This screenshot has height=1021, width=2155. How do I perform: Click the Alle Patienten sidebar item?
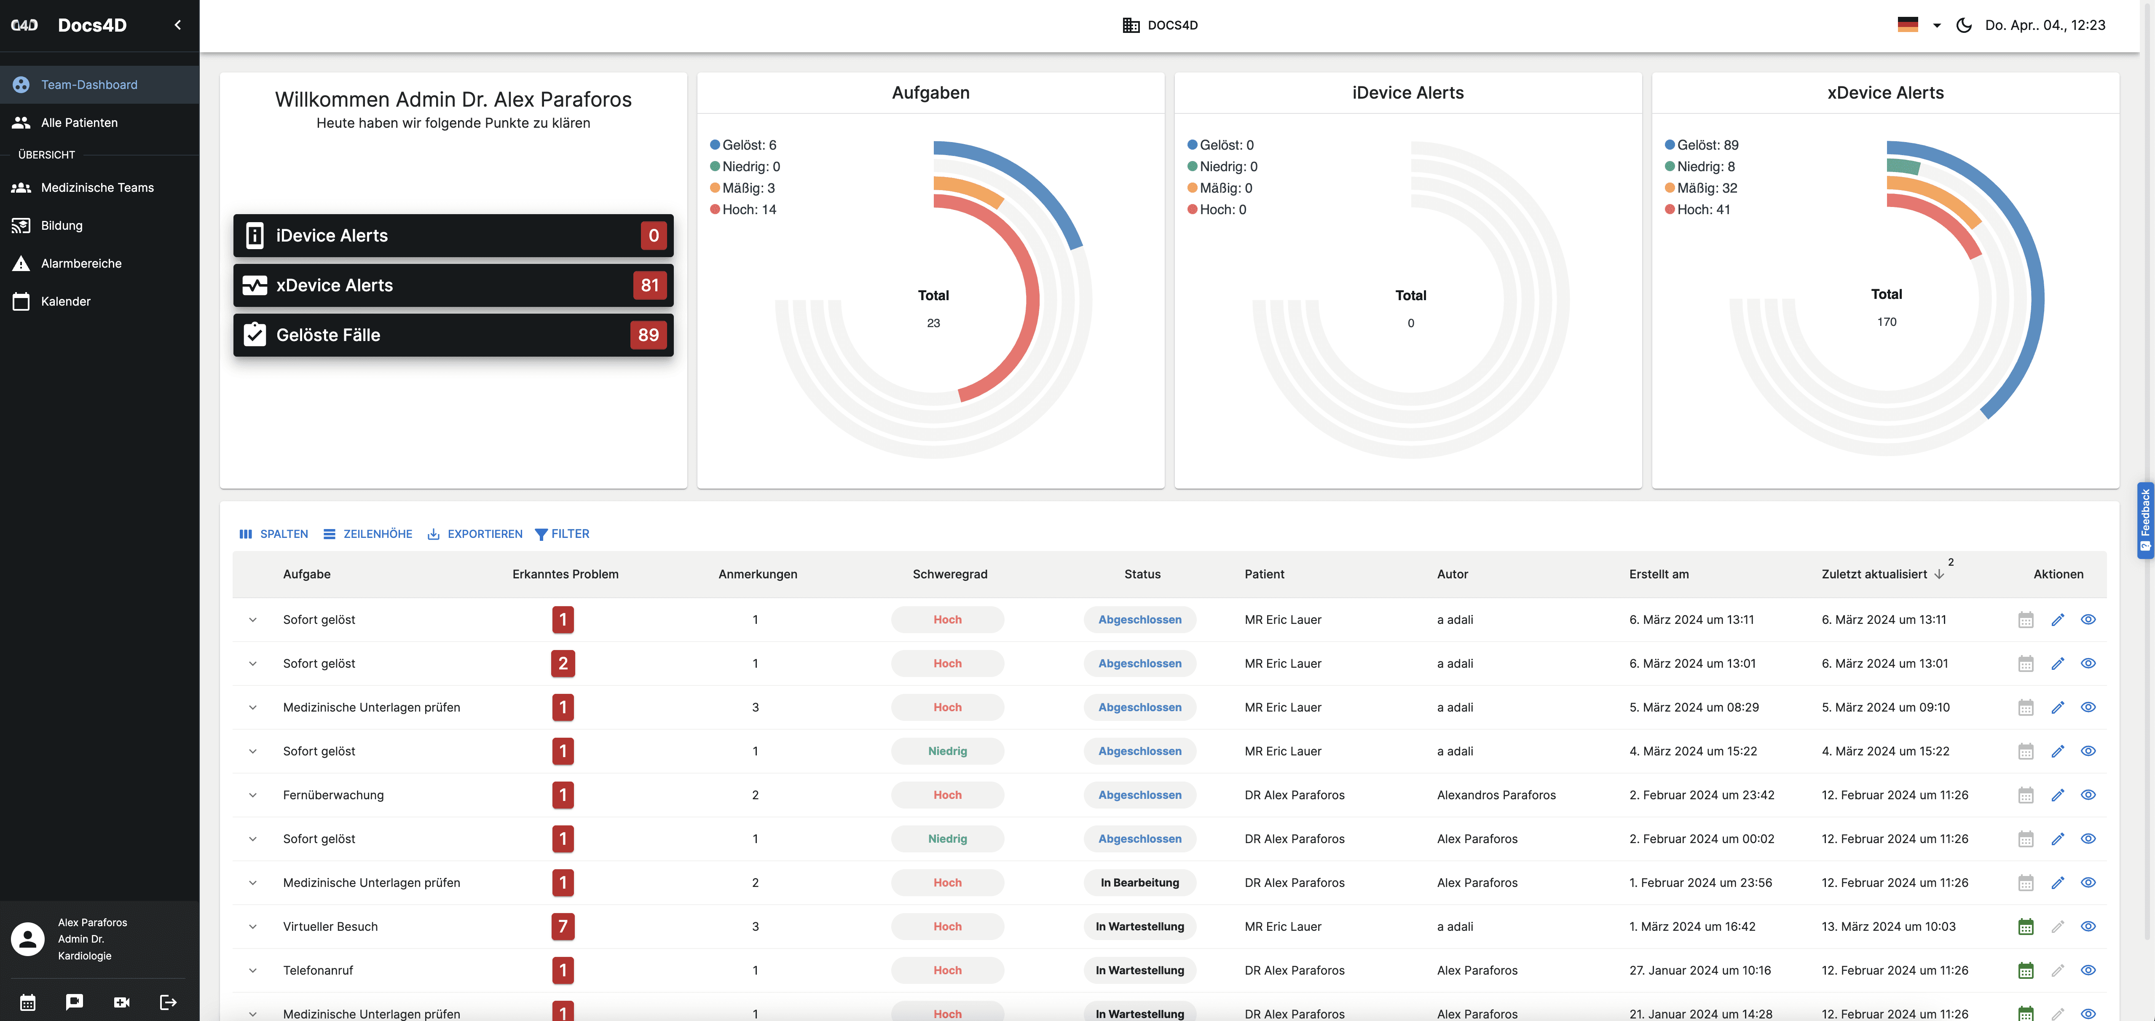coord(80,122)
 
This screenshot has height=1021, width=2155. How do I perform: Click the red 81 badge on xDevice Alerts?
coord(650,285)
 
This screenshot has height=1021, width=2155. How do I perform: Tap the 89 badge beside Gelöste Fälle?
coord(649,335)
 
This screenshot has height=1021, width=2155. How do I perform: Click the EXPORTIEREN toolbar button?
coord(475,534)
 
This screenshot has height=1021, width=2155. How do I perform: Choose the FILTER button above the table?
coord(562,534)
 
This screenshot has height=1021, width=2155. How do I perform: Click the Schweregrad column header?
coord(949,574)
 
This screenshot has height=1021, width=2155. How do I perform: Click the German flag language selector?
coord(1908,25)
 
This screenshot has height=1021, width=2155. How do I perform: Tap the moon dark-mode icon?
coord(1963,25)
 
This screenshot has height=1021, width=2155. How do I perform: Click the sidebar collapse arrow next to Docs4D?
coord(177,25)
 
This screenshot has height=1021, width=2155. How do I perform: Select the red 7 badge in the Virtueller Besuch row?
coord(563,927)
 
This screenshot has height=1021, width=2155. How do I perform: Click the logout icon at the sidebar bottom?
coord(168,1002)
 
